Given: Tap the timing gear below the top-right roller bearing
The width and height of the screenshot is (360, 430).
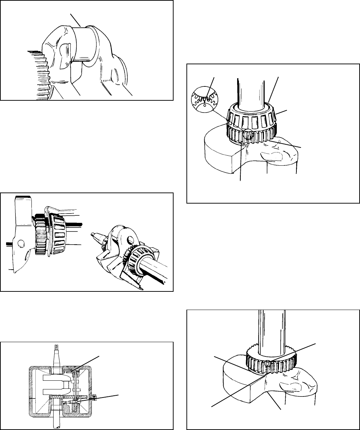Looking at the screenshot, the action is (252, 135).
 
